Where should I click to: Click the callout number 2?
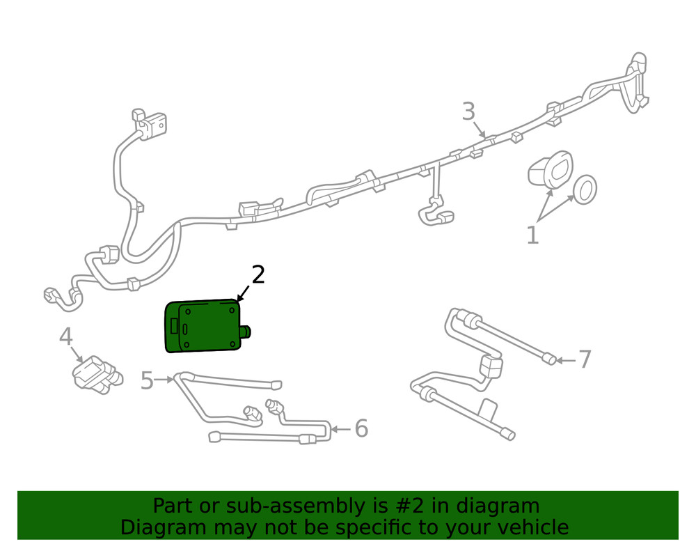coord(258,275)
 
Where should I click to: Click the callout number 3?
coord(468,111)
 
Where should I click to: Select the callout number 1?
coord(532,235)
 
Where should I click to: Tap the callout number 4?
coord(65,337)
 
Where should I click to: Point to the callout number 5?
coord(146,381)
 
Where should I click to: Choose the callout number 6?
coord(361,428)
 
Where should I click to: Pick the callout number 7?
coord(585,360)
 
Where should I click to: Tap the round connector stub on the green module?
coord(247,332)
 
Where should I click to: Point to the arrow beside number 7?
coord(566,361)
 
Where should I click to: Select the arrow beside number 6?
coord(341,428)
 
